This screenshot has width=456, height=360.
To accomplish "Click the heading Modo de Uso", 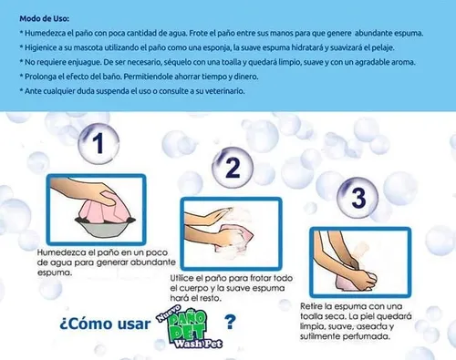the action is click(x=45, y=18).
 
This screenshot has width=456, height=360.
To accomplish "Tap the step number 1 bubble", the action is click(x=98, y=143).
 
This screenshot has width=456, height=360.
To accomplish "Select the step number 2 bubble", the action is click(x=233, y=168).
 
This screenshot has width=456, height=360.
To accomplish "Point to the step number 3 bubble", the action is click(x=358, y=198).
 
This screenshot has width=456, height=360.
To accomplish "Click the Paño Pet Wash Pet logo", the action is click(x=190, y=327).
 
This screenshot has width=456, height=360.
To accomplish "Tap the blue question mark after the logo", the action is click(x=230, y=323).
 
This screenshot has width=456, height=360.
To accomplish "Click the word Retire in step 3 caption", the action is click(x=310, y=306).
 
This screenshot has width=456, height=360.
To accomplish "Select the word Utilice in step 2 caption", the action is click(x=181, y=278).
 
